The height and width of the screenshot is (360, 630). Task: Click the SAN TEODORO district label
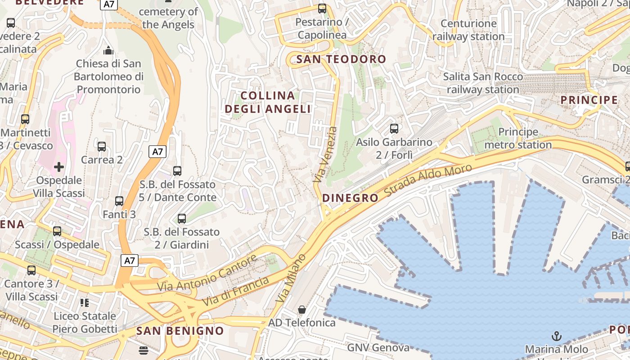coord(341,59)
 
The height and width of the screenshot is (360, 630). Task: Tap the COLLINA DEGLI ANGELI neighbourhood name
coord(268,102)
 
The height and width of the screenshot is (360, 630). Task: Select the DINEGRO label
coord(351,198)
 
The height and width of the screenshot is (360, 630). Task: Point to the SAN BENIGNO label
coord(180,331)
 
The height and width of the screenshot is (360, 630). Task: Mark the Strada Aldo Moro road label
coord(428,182)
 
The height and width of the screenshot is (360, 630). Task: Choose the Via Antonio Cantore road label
coord(207,273)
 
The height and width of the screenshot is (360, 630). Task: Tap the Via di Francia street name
coord(236,292)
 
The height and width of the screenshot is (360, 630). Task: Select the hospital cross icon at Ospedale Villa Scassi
coord(59,167)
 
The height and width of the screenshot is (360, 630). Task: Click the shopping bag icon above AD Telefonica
coord(302,310)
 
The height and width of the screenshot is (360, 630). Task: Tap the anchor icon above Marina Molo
coord(557,336)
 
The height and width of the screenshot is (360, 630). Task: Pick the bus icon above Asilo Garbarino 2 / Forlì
coord(394,129)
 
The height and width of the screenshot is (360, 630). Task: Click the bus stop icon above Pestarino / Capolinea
coord(322,8)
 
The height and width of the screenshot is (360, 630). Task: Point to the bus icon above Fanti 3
coord(119,201)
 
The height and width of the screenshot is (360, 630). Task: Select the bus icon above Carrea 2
coord(102,146)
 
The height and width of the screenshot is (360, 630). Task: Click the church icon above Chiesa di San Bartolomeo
coord(108,49)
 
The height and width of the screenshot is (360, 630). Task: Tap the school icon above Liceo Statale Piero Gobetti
coord(85,302)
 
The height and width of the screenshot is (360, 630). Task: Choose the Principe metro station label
coord(518,138)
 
